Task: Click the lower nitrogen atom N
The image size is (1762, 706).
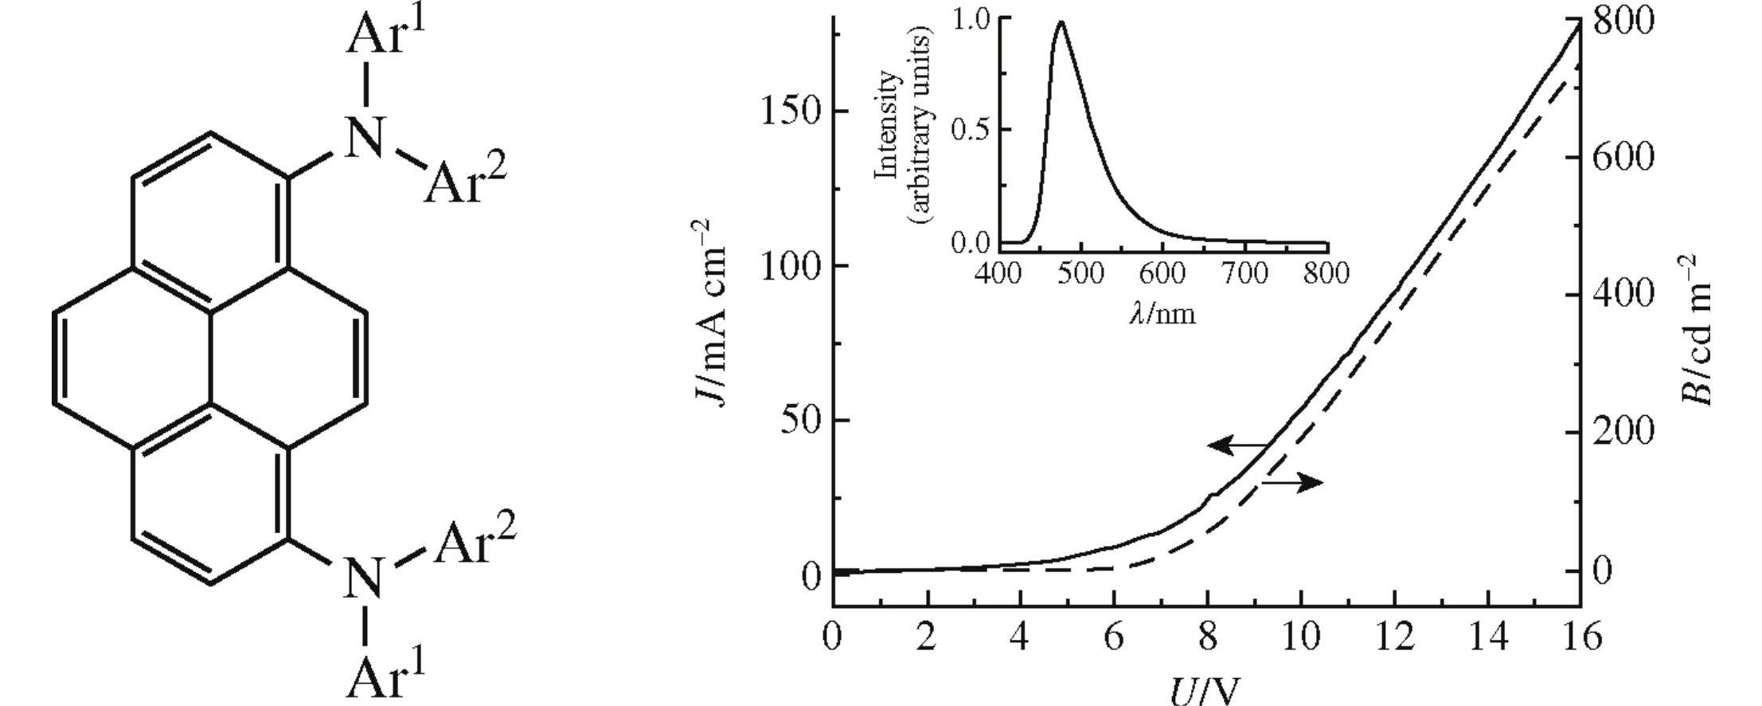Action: pos(365,578)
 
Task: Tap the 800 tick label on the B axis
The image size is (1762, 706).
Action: pos(1624,22)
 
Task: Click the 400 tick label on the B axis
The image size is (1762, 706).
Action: pos(1624,294)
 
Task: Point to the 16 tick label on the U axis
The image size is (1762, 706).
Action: pos(1580,638)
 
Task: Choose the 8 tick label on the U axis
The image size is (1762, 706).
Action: pos(1208,638)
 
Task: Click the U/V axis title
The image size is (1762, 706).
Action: pos(1205,689)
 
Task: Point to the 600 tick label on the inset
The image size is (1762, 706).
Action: pos(1162,273)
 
